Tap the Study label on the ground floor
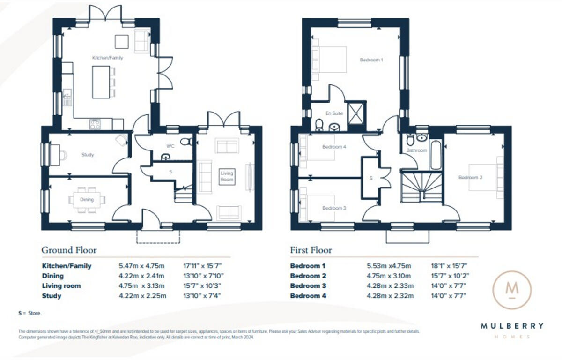point(88,155)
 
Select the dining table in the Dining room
point(87,200)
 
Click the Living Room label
point(227,176)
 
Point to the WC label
point(170,146)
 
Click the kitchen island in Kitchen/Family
point(101,82)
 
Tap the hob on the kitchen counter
point(95,124)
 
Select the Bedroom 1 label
point(371,60)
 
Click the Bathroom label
point(416,150)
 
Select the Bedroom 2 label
point(470,177)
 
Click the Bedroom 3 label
point(334,208)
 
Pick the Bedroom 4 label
point(334,147)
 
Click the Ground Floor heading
point(69,250)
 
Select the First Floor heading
point(311,250)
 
